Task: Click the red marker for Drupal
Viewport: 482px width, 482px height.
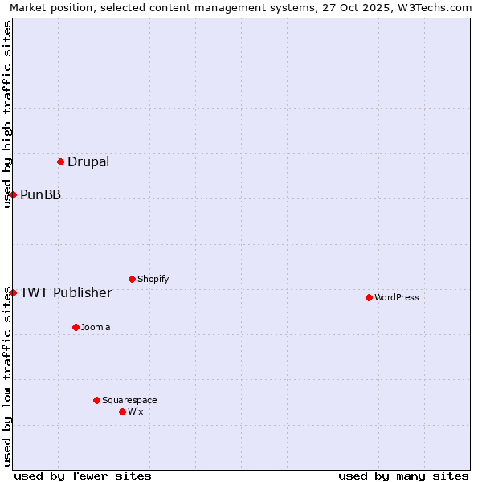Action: click(60, 161)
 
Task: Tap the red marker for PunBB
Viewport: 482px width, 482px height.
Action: click(13, 194)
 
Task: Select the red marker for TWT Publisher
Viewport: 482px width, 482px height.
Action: click(13, 292)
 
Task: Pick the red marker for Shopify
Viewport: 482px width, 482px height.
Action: click(132, 279)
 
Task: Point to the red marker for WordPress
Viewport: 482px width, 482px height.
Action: click(369, 297)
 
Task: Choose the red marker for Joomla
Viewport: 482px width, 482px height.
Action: click(76, 327)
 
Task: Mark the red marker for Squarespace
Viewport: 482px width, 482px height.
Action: click(96, 400)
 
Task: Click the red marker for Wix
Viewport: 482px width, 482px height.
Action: click(122, 411)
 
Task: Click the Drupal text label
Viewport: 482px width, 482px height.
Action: click(88, 162)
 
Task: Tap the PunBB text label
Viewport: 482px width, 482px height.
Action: click(40, 195)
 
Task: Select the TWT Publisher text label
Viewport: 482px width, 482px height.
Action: click(66, 292)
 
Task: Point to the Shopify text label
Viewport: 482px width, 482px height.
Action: click(153, 280)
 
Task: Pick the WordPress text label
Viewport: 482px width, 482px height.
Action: click(397, 298)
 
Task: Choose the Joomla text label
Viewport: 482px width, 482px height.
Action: click(96, 328)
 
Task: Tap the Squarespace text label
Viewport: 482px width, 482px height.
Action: click(129, 401)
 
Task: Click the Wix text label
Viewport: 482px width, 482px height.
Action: click(136, 412)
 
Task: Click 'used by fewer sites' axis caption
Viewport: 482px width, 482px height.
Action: click(83, 476)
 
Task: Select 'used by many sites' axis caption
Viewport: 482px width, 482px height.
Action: click(403, 476)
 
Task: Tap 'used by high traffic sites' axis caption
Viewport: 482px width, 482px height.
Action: click(8, 114)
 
